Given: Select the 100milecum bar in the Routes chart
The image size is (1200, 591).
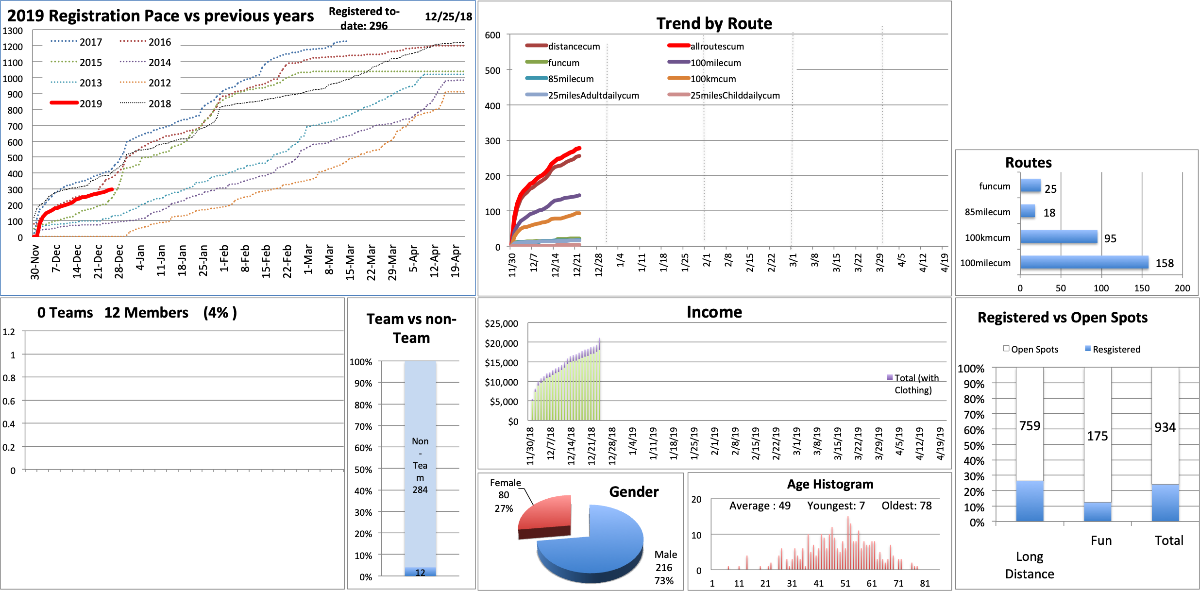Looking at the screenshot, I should tap(1084, 263).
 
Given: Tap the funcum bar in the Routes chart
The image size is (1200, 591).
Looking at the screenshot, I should tap(1030, 186).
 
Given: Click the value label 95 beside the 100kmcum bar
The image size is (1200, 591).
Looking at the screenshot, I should tap(1110, 238).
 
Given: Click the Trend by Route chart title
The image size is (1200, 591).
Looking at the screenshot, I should tap(714, 23).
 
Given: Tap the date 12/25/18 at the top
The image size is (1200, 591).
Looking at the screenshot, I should tap(448, 17).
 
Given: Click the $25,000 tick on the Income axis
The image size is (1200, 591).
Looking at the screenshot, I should tap(501, 323).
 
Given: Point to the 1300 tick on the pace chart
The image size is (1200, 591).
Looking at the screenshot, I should tap(13, 31).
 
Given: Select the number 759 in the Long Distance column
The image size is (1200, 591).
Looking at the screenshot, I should tap(1030, 426).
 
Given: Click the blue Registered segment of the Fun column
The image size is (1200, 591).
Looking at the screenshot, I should tap(1097, 512).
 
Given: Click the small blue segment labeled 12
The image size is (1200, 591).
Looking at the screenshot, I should tap(420, 572).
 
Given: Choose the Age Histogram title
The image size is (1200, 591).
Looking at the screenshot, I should tap(830, 484).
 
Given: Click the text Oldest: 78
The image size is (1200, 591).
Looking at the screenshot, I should tap(907, 506).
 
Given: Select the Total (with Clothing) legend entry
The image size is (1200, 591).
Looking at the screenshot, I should tap(913, 384).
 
